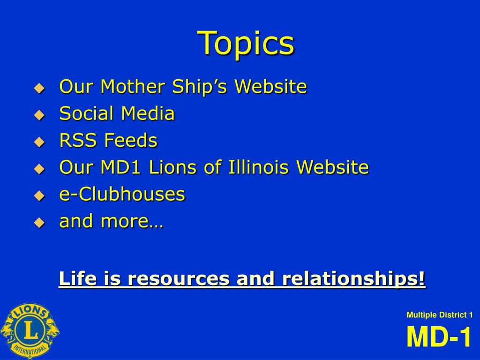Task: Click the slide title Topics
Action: [x=246, y=43]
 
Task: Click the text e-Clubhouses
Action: [x=122, y=194]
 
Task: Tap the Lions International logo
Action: [x=30, y=331]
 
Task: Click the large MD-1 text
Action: [x=439, y=337]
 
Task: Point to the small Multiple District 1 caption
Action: [x=439, y=315]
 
